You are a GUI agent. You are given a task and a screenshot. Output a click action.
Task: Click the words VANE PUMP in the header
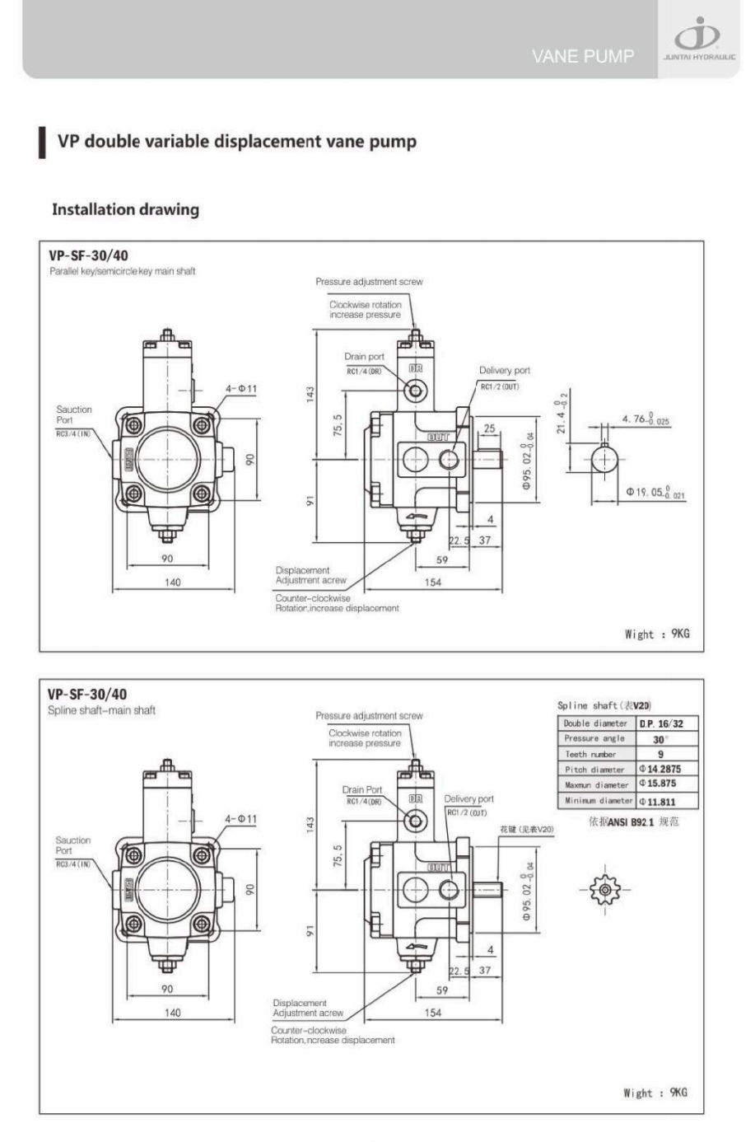[x=582, y=57]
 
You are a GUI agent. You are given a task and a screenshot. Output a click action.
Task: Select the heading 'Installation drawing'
[x=125, y=209]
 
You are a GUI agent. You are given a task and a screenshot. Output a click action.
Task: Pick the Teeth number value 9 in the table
[x=660, y=754]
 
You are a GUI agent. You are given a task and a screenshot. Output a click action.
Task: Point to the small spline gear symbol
[x=605, y=890]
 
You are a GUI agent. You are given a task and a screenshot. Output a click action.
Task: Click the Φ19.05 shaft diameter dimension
[x=655, y=493]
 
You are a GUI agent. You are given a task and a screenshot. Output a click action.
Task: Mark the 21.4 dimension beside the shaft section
[x=562, y=413]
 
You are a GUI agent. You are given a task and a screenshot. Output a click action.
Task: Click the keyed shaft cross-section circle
[x=604, y=459]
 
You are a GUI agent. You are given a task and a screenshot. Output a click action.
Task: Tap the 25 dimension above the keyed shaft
[x=489, y=428]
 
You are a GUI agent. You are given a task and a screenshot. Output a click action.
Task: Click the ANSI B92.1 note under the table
[x=633, y=822]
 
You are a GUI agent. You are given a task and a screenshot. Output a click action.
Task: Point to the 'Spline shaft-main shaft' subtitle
[x=101, y=710]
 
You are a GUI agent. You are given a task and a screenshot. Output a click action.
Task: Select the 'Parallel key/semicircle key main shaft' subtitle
[x=122, y=271]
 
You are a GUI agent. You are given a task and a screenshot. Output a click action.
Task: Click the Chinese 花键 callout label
[x=526, y=829]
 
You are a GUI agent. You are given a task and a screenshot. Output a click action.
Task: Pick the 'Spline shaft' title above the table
[x=604, y=705]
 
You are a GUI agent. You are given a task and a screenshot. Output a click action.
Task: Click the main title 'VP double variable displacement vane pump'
[x=236, y=141]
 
